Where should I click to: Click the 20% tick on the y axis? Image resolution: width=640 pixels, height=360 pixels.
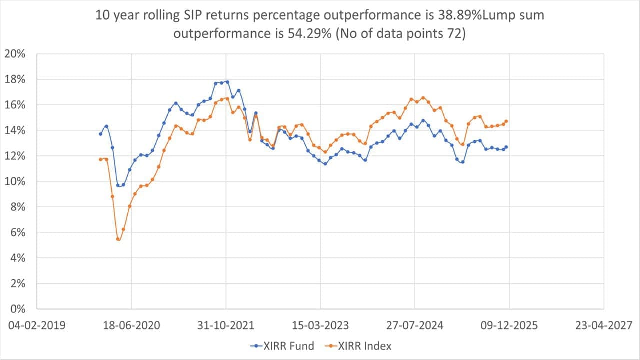(19, 54)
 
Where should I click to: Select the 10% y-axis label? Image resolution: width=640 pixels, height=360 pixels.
(19, 181)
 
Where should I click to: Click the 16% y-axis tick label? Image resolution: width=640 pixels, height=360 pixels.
(19, 105)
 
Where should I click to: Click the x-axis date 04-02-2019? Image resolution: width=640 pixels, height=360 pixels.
(37, 325)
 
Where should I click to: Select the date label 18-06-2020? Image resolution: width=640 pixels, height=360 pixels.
(131, 325)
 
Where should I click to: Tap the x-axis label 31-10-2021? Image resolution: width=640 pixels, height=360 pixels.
(226, 325)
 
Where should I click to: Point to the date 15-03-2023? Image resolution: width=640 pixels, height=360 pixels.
(320, 325)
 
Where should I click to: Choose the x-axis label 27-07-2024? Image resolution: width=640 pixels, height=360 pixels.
(415, 325)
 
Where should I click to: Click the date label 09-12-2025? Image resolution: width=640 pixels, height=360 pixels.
(509, 325)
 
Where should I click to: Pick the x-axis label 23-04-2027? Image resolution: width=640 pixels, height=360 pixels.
(604, 325)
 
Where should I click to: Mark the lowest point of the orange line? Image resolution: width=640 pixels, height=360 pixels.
(118, 239)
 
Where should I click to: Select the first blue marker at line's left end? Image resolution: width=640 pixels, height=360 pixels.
(100, 134)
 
